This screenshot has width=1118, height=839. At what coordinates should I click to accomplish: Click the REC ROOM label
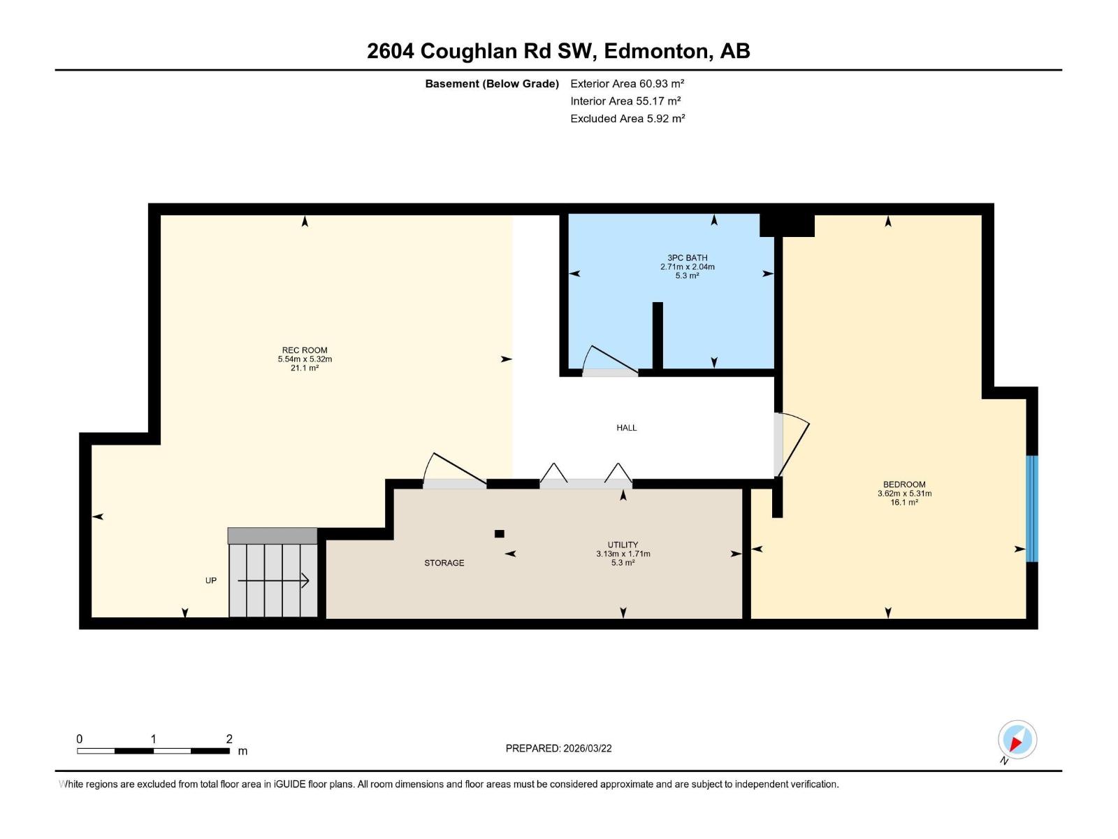305,350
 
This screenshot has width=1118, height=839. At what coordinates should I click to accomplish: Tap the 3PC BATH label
687,257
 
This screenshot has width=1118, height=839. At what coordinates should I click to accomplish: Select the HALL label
626,427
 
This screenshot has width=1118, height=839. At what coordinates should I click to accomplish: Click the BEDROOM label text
904,484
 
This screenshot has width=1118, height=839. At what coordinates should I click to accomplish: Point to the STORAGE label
444,563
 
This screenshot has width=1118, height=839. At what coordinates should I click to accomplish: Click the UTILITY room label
623,545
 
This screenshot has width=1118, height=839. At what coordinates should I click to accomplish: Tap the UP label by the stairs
211,580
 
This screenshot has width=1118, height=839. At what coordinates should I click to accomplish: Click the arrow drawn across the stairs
273,580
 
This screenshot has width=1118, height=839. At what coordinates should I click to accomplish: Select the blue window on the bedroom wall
1031,508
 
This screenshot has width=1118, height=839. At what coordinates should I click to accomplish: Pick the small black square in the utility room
499,533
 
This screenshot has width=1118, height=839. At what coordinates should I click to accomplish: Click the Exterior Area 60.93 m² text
627,83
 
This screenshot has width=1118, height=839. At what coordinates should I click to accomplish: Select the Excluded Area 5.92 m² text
627,118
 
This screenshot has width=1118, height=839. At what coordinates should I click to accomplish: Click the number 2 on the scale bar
229,738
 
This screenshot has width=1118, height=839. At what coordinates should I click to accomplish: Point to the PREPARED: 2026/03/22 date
558,748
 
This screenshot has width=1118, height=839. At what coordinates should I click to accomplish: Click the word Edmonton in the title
656,51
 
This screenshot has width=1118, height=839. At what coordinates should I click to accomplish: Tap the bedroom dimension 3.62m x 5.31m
904,493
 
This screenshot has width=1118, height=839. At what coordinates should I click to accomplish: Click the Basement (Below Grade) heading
492,83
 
